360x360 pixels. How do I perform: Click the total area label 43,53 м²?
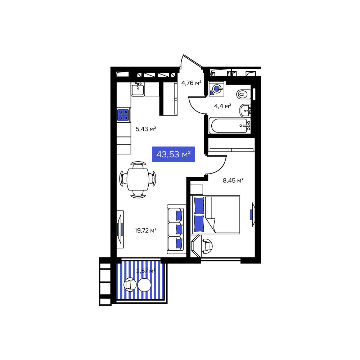click(173, 154)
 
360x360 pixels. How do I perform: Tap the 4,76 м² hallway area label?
click(191, 83)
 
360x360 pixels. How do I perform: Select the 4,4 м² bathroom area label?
click(222, 106)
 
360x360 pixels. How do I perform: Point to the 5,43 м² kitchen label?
click(145, 129)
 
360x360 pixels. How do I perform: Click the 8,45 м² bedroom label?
click(233, 181)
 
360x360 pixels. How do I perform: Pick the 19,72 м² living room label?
click(145, 230)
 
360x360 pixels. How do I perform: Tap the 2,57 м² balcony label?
click(146, 271)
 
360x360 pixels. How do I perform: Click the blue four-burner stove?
click(123, 115)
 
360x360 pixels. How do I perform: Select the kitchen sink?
click(138, 89)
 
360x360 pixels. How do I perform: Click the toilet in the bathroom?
click(243, 94)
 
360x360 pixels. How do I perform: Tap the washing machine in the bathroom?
click(217, 89)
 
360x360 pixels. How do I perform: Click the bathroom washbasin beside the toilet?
click(246, 110)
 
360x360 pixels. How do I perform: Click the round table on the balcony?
click(144, 285)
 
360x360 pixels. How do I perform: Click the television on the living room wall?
click(120, 229)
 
